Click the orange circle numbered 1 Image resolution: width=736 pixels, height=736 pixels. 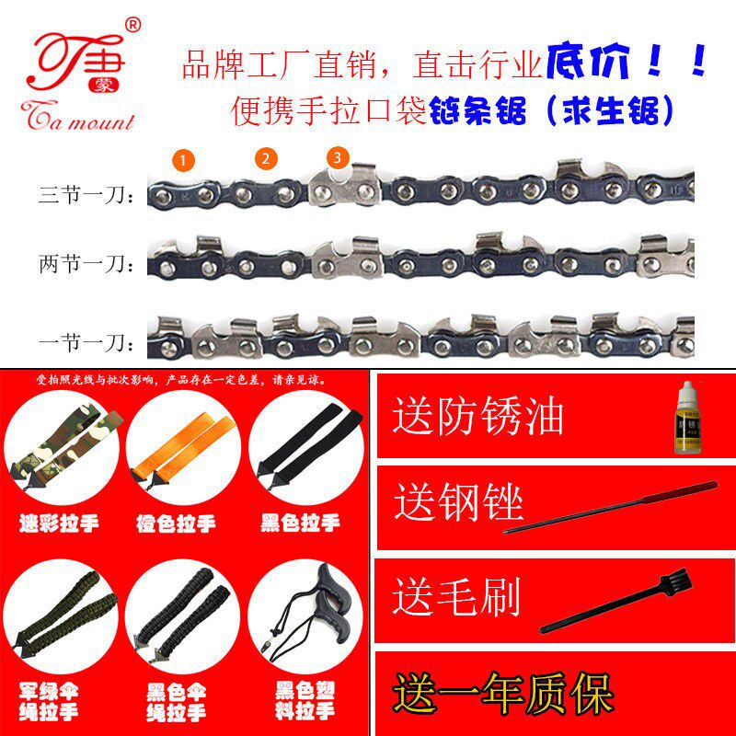[x=185, y=161]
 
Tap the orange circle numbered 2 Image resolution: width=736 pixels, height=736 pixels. [x=266, y=158]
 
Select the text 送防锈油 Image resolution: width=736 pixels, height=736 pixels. [x=477, y=416]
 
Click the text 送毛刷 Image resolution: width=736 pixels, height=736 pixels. [x=457, y=595]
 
